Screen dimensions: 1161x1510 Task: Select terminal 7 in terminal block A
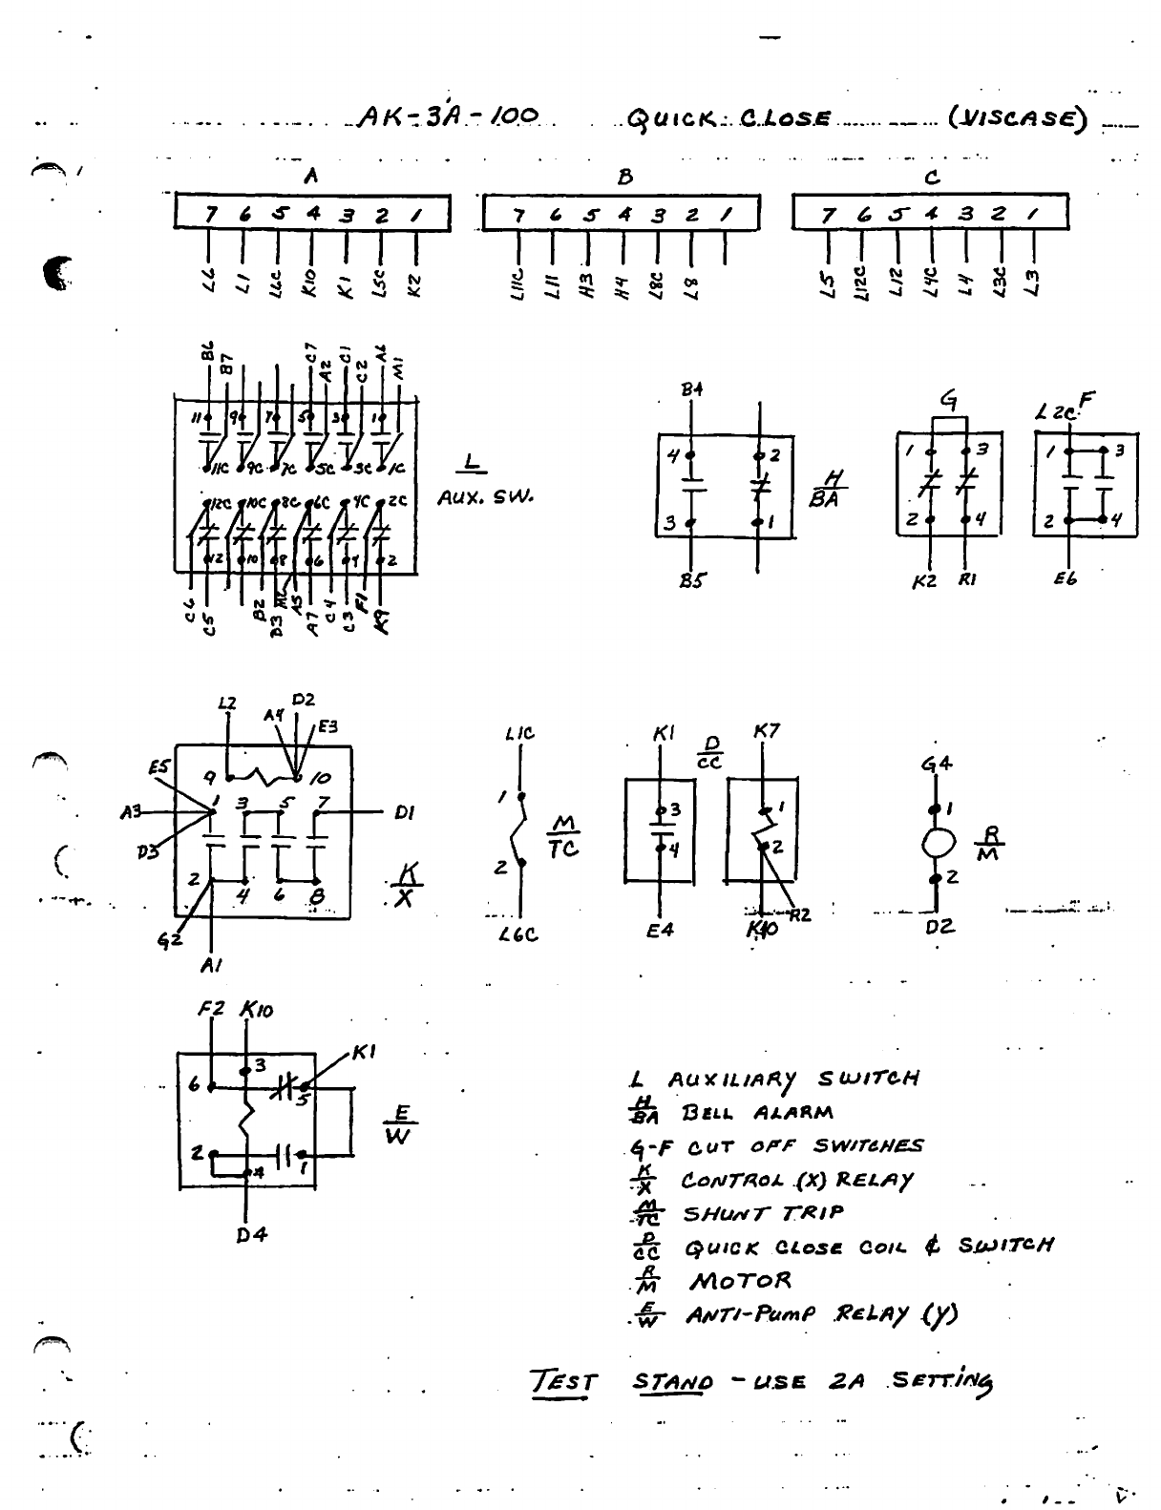point(209,215)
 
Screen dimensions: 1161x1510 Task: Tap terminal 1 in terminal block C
point(1031,215)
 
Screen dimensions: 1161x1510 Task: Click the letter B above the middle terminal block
point(624,177)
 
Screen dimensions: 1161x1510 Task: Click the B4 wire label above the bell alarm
point(691,389)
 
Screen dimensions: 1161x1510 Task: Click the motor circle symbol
point(938,844)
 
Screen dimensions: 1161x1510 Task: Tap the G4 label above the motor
point(936,765)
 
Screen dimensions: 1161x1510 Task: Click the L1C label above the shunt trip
point(519,734)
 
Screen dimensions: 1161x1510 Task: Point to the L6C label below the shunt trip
point(519,935)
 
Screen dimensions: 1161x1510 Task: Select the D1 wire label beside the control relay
point(405,813)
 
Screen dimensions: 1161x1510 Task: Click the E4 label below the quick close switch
point(660,929)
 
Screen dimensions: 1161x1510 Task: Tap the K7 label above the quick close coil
point(767,732)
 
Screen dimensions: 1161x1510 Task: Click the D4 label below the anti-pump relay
point(252,1235)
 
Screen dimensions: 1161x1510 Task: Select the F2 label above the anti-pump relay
point(211,1009)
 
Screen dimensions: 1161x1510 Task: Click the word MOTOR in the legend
point(741,1281)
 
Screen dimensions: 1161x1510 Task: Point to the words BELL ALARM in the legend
point(756,1113)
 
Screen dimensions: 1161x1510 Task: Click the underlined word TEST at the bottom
point(564,1382)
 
